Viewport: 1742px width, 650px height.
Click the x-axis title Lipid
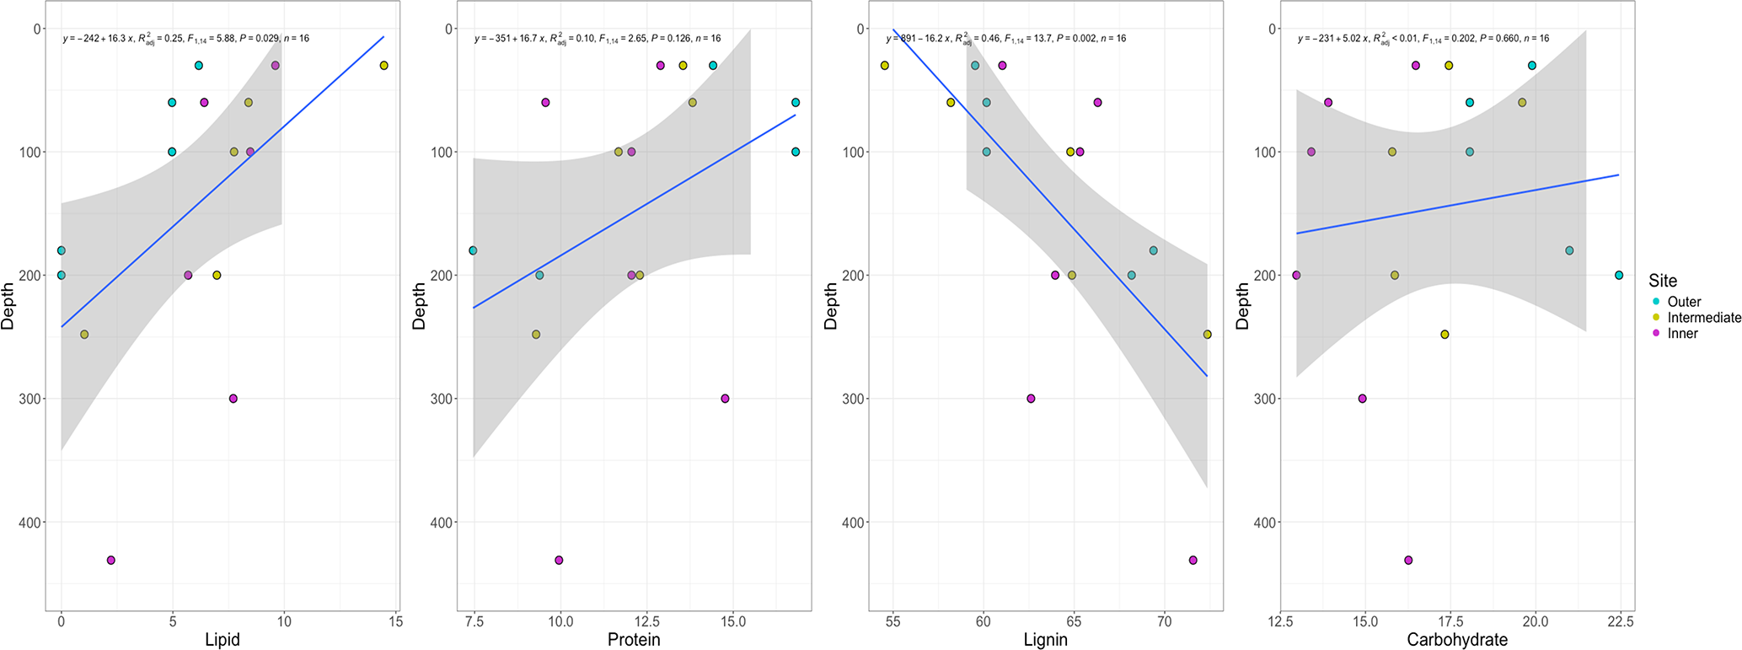coord(222,640)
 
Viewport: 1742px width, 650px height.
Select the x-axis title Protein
coord(634,640)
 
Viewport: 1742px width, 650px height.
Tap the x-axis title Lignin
coord(1045,640)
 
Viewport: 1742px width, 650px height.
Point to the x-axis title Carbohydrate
coord(1457,640)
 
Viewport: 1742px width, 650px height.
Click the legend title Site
coord(1663,281)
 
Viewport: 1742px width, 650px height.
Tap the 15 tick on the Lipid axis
coord(396,622)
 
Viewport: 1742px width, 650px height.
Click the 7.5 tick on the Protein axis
coord(474,622)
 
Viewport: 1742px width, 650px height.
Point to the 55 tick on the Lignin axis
coord(893,622)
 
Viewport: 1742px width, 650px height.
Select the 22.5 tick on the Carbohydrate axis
coord(1620,622)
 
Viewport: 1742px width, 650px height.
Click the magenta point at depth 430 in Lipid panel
coord(111,560)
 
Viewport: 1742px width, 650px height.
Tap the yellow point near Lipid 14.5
coord(384,66)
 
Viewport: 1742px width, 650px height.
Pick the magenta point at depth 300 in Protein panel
coord(725,399)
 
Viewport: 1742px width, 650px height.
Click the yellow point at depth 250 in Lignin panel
coord(1207,335)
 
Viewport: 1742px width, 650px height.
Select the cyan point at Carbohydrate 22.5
coord(1619,276)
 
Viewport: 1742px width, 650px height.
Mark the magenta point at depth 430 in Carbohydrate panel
coord(1408,560)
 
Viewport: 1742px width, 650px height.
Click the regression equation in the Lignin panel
coord(1005,39)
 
